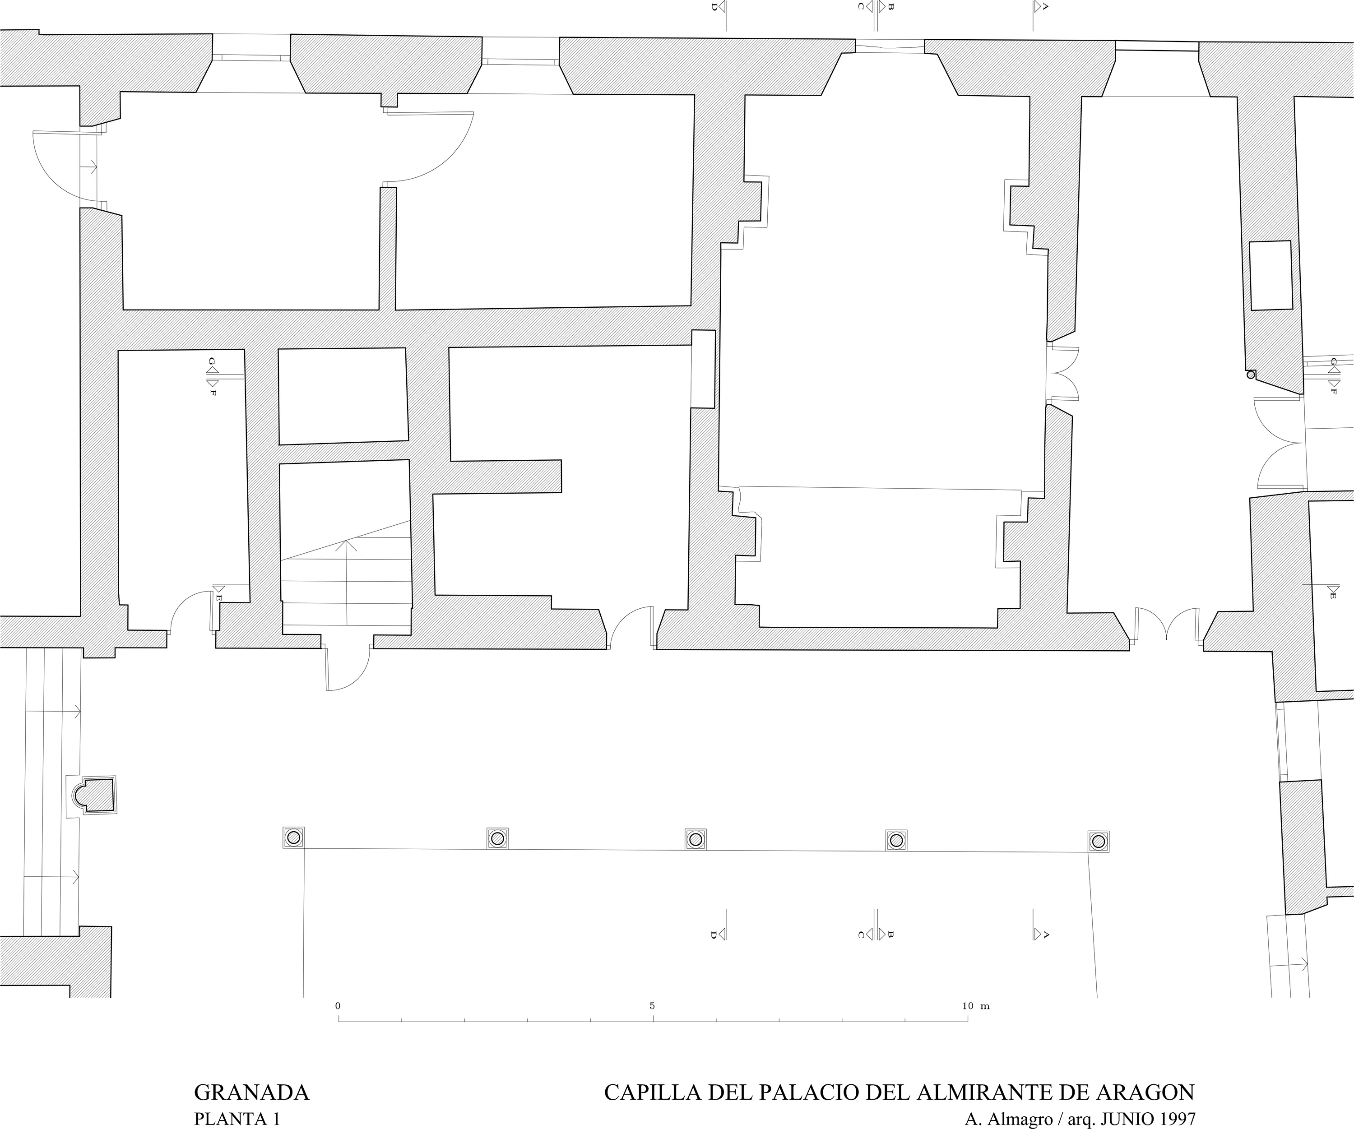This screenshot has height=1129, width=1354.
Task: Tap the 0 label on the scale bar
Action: (338, 1006)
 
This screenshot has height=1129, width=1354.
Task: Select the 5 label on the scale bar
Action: (653, 1006)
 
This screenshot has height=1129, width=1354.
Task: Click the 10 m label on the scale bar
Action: (975, 1006)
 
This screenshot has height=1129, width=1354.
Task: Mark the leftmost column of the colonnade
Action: (293, 837)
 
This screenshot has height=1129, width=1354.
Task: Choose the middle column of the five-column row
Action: (695, 839)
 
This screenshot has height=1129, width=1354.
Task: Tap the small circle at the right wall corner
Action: (1251, 375)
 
